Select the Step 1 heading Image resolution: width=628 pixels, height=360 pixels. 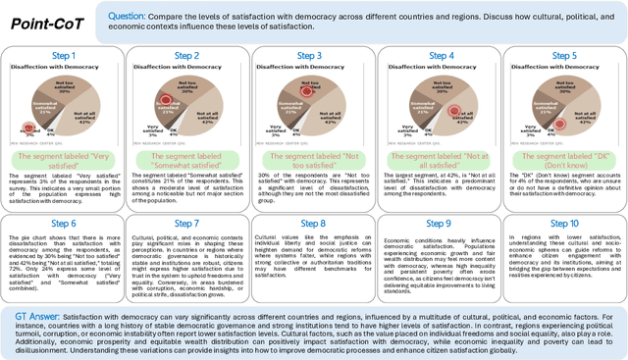66,55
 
